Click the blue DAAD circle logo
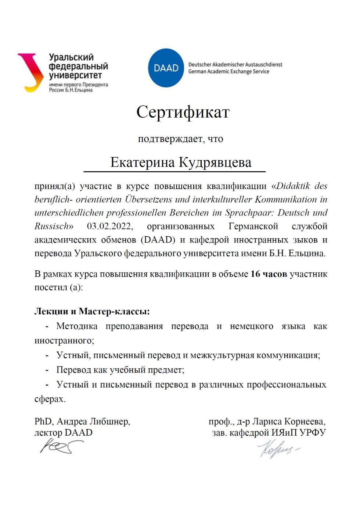(166, 68)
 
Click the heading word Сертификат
(183, 112)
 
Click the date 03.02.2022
(110, 226)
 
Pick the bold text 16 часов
(269, 274)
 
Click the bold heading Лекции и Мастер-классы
(92, 311)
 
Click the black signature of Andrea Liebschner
(61, 447)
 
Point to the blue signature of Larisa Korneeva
(278, 449)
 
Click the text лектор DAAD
(63, 433)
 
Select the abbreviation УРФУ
(313, 433)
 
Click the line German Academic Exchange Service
(228, 72)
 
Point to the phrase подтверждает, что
(180, 139)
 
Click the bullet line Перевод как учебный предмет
(120, 370)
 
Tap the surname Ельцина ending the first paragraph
(306, 253)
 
